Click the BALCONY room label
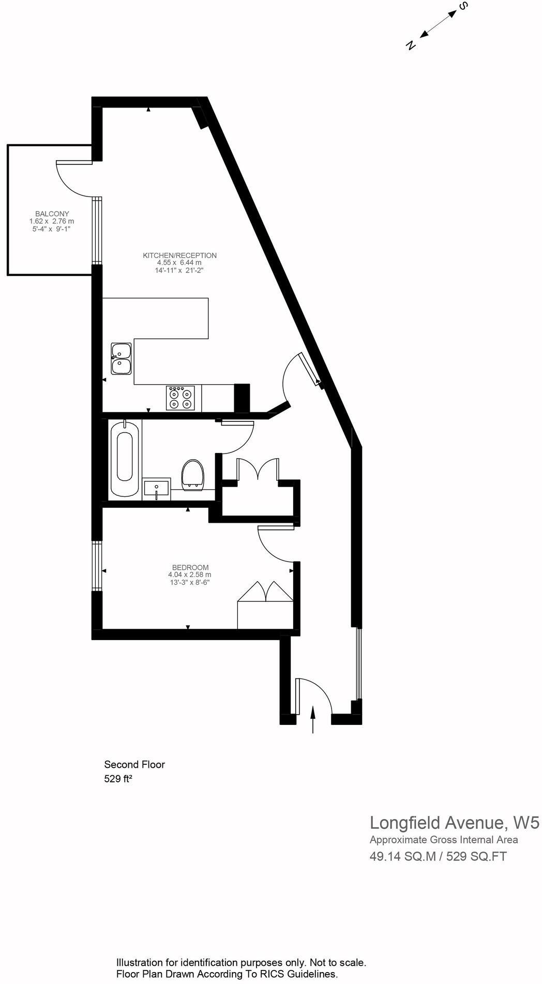52,214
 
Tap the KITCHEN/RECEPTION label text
179,255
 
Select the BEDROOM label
190,567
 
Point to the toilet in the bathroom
193,474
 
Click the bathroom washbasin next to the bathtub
156,489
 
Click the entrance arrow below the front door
312,720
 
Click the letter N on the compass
411,45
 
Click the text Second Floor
134,764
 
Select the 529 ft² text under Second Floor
118,779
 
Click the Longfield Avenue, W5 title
454,822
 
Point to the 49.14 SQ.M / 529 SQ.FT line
438,856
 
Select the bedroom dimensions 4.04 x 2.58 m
189,574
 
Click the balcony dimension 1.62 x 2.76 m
52,221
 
